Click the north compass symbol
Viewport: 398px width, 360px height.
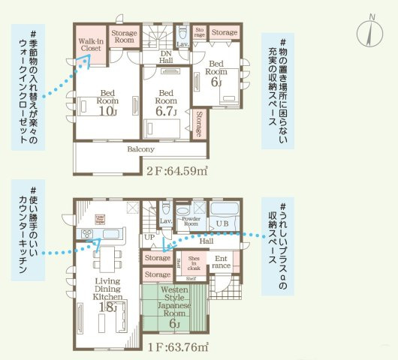click(370, 29)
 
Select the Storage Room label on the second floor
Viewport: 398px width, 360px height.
click(124, 37)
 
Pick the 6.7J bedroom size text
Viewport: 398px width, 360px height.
click(166, 111)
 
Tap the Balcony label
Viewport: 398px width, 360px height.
click(140, 149)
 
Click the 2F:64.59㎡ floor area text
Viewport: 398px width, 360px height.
click(177, 170)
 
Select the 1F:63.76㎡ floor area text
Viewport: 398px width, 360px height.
click(179, 346)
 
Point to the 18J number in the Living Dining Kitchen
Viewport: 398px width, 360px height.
click(107, 306)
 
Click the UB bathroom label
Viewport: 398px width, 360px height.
click(222, 224)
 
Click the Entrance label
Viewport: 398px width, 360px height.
click(222, 262)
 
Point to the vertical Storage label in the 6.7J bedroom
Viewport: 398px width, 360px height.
click(198, 123)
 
